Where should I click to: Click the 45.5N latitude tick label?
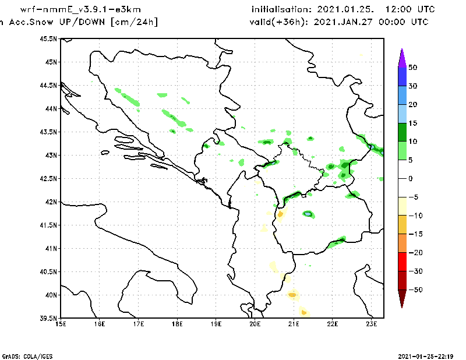coord(48,38)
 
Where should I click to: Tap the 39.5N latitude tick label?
coord(48,318)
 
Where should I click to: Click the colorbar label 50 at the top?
coord(412,68)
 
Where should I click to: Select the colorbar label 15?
coord(412,123)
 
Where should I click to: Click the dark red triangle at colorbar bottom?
coord(401,298)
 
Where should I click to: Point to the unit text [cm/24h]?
coord(134,22)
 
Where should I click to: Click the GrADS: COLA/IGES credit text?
coord(22,355)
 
